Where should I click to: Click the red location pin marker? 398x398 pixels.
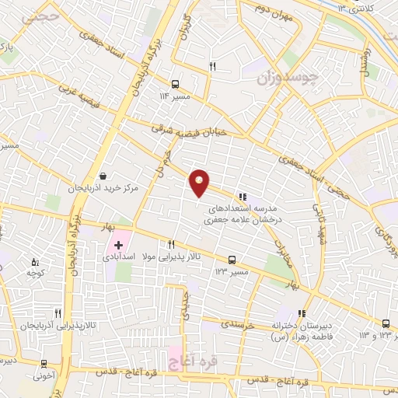tap(200, 183)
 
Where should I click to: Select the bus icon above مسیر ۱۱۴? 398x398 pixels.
tap(175, 84)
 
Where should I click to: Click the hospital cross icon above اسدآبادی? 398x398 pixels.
tap(118, 244)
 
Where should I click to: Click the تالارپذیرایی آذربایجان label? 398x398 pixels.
tap(37, 324)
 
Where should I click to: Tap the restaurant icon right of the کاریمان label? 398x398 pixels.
tap(212, 67)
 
